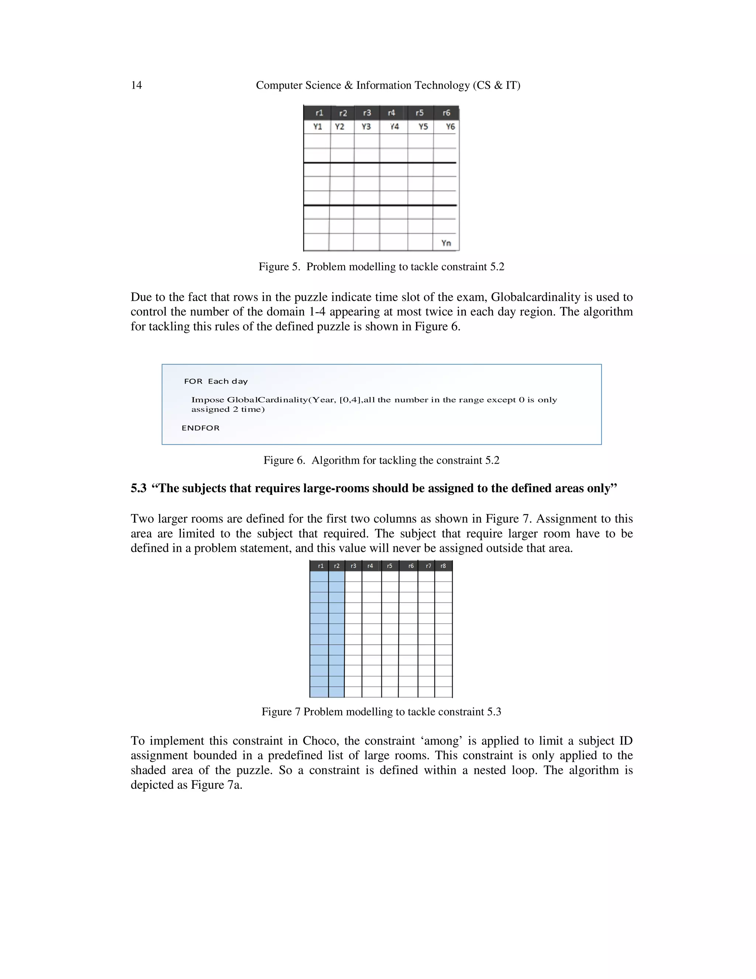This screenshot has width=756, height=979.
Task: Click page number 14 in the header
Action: point(136,85)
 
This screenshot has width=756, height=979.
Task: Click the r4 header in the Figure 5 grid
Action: point(391,113)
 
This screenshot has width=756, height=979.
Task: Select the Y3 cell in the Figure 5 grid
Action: point(366,127)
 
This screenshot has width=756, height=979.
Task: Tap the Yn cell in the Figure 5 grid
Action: point(446,243)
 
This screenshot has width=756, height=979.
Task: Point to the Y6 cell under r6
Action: point(450,127)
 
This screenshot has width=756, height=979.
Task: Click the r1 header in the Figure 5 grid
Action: point(319,113)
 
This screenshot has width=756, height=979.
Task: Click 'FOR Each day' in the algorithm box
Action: point(216,382)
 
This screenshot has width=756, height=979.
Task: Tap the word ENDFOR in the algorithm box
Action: point(201,428)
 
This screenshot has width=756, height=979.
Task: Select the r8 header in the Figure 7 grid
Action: point(443,566)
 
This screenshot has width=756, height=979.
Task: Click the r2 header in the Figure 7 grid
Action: point(337,566)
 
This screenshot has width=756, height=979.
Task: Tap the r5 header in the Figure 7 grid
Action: point(390,566)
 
